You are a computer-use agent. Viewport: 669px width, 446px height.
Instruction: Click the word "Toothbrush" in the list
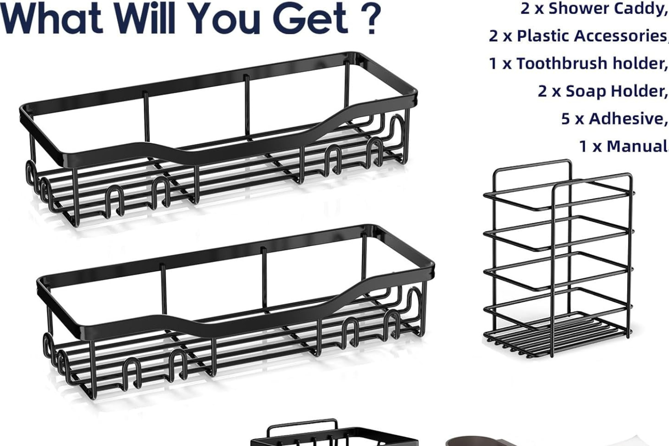pos(562,63)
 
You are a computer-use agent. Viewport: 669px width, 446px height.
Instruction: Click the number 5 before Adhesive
pos(565,119)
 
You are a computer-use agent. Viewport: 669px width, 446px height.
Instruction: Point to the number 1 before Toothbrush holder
pos(493,64)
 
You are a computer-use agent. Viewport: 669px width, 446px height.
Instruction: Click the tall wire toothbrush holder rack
pos(558,259)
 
